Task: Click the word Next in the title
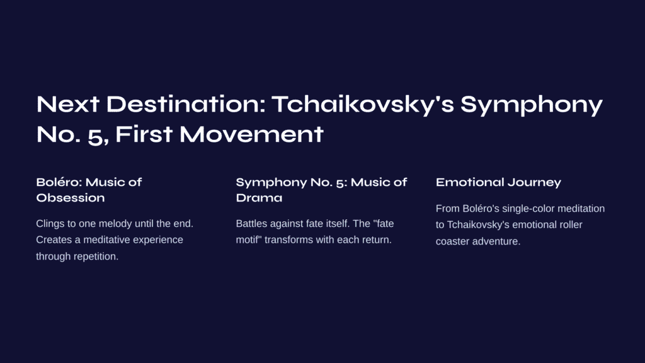click(68, 104)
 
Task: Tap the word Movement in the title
click(251, 134)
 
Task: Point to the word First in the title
click(144, 134)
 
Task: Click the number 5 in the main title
click(96, 136)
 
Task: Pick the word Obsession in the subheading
click(71, 198)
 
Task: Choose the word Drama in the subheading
click(259, 198)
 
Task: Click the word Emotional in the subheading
click(469, 182)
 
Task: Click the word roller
click(571, 225)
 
